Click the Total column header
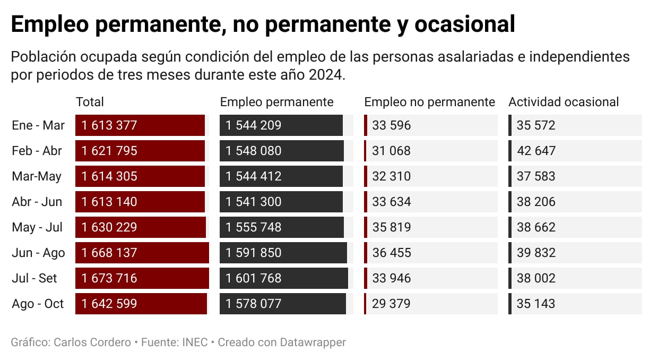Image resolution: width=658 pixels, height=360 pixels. click(x=90, y=102)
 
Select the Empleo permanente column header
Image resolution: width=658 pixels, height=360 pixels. click(x=276, y=102)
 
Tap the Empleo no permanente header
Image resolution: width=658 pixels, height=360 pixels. click(x=429, y=102)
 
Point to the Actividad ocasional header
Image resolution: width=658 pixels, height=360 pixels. click(x=564, y=102)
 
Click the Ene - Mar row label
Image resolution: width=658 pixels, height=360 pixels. click(x=38, y=125)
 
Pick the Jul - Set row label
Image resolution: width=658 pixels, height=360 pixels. click(x=34, y=278)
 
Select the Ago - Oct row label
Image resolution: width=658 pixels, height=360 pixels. click(x=38, y=304)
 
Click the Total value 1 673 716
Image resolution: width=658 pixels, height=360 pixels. click(x=109, y=278)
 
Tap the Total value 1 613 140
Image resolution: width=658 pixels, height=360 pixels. click(x=109, y=202)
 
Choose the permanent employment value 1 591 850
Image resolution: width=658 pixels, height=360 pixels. click(x=253, y=253)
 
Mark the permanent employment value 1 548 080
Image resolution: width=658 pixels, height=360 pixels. click(x=253, y=151)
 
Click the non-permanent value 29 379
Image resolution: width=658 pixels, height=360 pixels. click(x=391, y=304)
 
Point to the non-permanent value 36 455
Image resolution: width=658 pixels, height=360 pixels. click(x=391, y=253)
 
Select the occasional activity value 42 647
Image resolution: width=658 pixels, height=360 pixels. click(x=536, y=151)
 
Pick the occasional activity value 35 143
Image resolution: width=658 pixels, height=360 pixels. click(x=536, y=304)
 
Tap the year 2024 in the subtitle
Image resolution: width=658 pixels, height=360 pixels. click(x=325, y=75)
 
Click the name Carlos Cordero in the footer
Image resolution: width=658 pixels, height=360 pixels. click(x=92, y=342)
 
